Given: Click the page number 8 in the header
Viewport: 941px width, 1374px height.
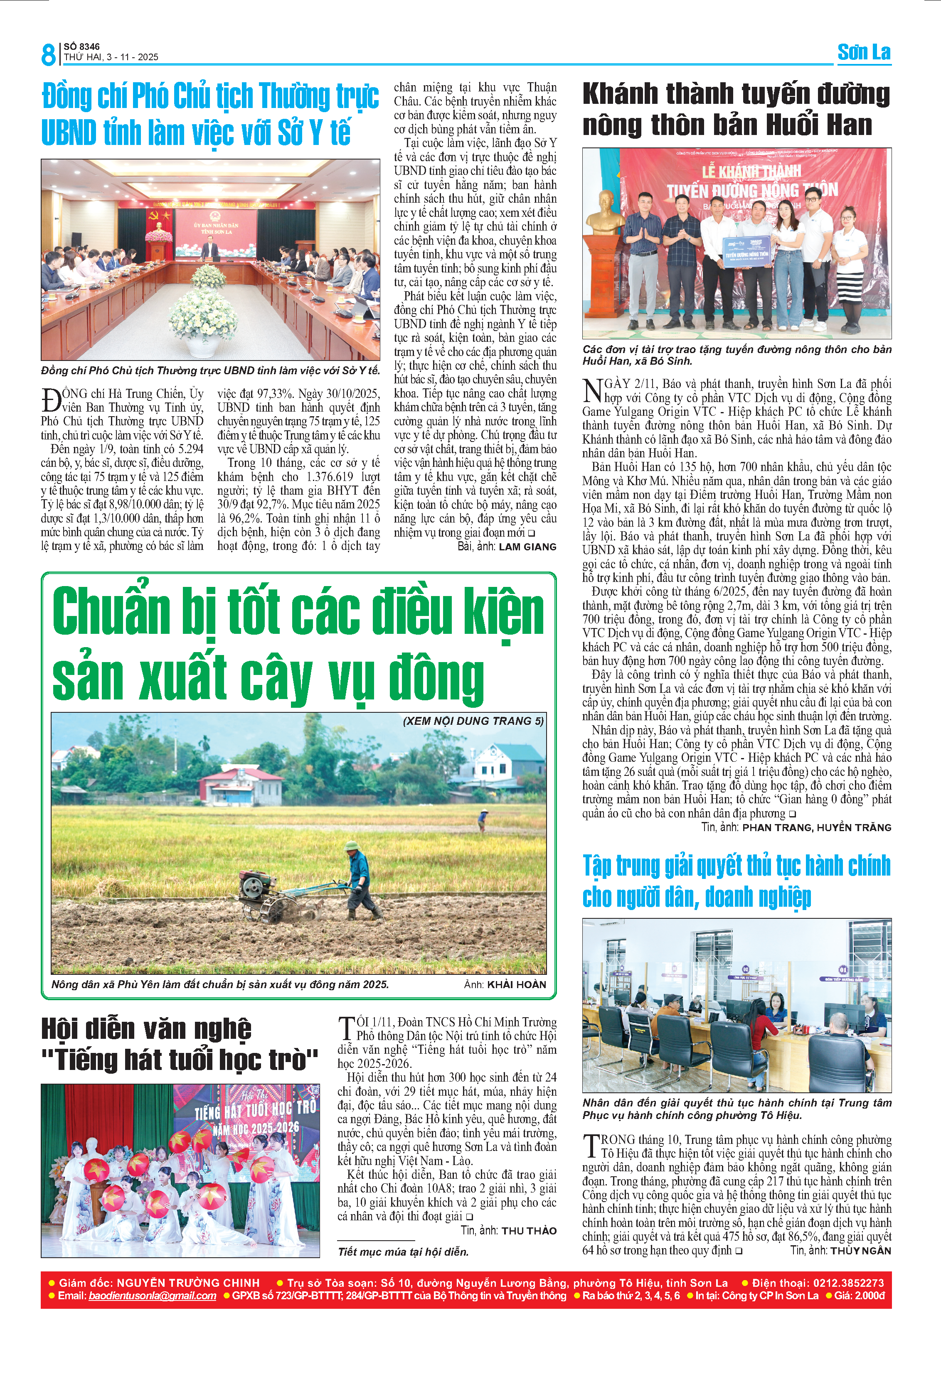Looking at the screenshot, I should pos(48,54).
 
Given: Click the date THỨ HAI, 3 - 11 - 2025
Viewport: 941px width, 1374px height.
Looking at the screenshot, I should pos(111,57).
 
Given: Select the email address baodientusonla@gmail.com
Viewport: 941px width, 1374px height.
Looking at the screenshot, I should pos(152,1295).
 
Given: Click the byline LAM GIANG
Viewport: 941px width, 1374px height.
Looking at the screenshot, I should pos(527,547).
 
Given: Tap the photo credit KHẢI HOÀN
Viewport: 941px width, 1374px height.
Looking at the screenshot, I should pos(516,984).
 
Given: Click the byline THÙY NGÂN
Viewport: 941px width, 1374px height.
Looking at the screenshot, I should pos(860,1251).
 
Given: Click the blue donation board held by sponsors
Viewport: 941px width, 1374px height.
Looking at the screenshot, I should pos(747,250).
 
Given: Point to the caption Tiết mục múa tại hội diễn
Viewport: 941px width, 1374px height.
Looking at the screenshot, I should pos(403,1251).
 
